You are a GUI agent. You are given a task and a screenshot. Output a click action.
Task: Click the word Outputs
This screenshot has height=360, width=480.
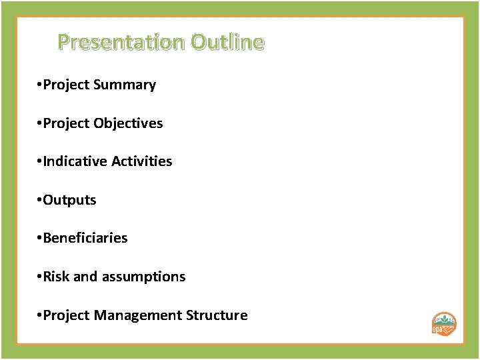69,200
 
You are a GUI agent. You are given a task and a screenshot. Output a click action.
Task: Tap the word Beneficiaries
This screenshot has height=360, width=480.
85,238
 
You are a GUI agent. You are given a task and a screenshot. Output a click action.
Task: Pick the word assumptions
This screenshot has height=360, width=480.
143,276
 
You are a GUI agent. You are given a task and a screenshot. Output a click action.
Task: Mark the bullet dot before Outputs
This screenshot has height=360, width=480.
40,201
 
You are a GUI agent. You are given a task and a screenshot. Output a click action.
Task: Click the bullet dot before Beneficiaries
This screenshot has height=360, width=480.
40,239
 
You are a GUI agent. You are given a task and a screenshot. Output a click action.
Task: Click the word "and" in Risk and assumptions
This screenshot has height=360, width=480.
85,276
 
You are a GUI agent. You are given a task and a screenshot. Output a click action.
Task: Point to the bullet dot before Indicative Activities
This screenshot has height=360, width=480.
40,162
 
